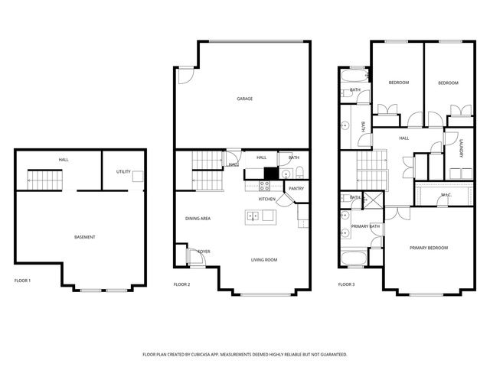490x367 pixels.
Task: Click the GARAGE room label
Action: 244,99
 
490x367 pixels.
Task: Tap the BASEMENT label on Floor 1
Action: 85,237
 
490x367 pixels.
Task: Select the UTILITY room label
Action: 122,172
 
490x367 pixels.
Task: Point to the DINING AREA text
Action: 198,219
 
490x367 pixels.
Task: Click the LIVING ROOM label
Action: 264,260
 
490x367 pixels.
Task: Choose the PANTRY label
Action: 296,188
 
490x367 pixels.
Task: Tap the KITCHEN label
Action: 266,199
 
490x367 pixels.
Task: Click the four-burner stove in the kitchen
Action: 265,184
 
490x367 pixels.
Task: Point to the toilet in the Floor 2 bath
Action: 300,171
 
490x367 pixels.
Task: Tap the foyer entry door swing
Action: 196,260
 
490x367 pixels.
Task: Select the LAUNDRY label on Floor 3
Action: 461,148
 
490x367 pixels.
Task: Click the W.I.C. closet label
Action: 446,195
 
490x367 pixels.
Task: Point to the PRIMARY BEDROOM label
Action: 428,248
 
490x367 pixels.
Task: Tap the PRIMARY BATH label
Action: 365,226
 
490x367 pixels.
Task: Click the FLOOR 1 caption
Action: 23,281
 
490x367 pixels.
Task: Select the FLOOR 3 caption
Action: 346,284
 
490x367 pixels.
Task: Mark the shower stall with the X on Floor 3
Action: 365,200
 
